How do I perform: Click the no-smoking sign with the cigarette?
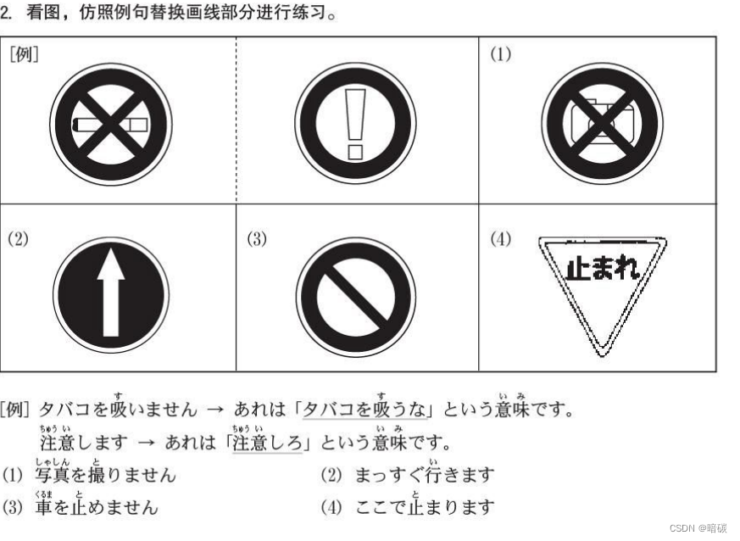click(111, 125)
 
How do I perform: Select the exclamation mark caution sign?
click(355, 124)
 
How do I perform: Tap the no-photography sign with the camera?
click(602, 124)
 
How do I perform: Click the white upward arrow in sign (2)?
click(111, 293)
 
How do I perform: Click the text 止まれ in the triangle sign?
click(603, 269)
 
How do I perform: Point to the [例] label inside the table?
click(24, 54)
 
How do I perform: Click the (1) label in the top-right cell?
click(500, 54)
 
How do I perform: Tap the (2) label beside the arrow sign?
click(18, 238)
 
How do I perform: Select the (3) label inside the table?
click(257, 238)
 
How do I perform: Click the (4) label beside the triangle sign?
click(500, 238)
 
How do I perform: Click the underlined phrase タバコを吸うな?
click(364, 409)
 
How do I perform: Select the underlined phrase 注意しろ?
click(267, 443)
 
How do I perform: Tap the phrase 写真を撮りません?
click(105, 474)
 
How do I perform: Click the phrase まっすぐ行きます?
click(425, 474)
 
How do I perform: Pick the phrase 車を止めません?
click(96, 506)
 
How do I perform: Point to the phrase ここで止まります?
click(425, 506)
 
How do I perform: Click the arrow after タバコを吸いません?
click(215, 410)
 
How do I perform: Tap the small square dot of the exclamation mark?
click(355, 152)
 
